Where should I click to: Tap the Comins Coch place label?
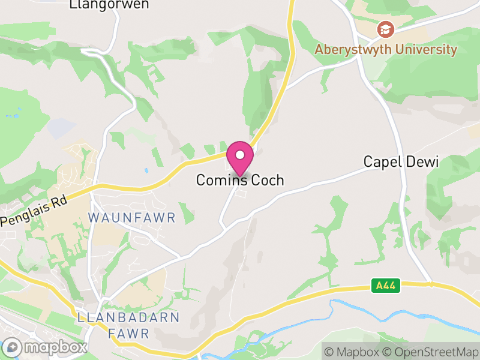pos(240,180)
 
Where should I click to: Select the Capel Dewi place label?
pos(401,161)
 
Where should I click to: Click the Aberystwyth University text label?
pos(386,49)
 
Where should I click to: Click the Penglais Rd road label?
pos(34,210)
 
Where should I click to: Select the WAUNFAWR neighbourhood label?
pos(132,217)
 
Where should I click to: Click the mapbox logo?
pos(46,347)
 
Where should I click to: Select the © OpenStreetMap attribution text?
pos(432,352)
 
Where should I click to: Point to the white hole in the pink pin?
pos(240,155)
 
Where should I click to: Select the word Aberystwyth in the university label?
pos(353,49)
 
